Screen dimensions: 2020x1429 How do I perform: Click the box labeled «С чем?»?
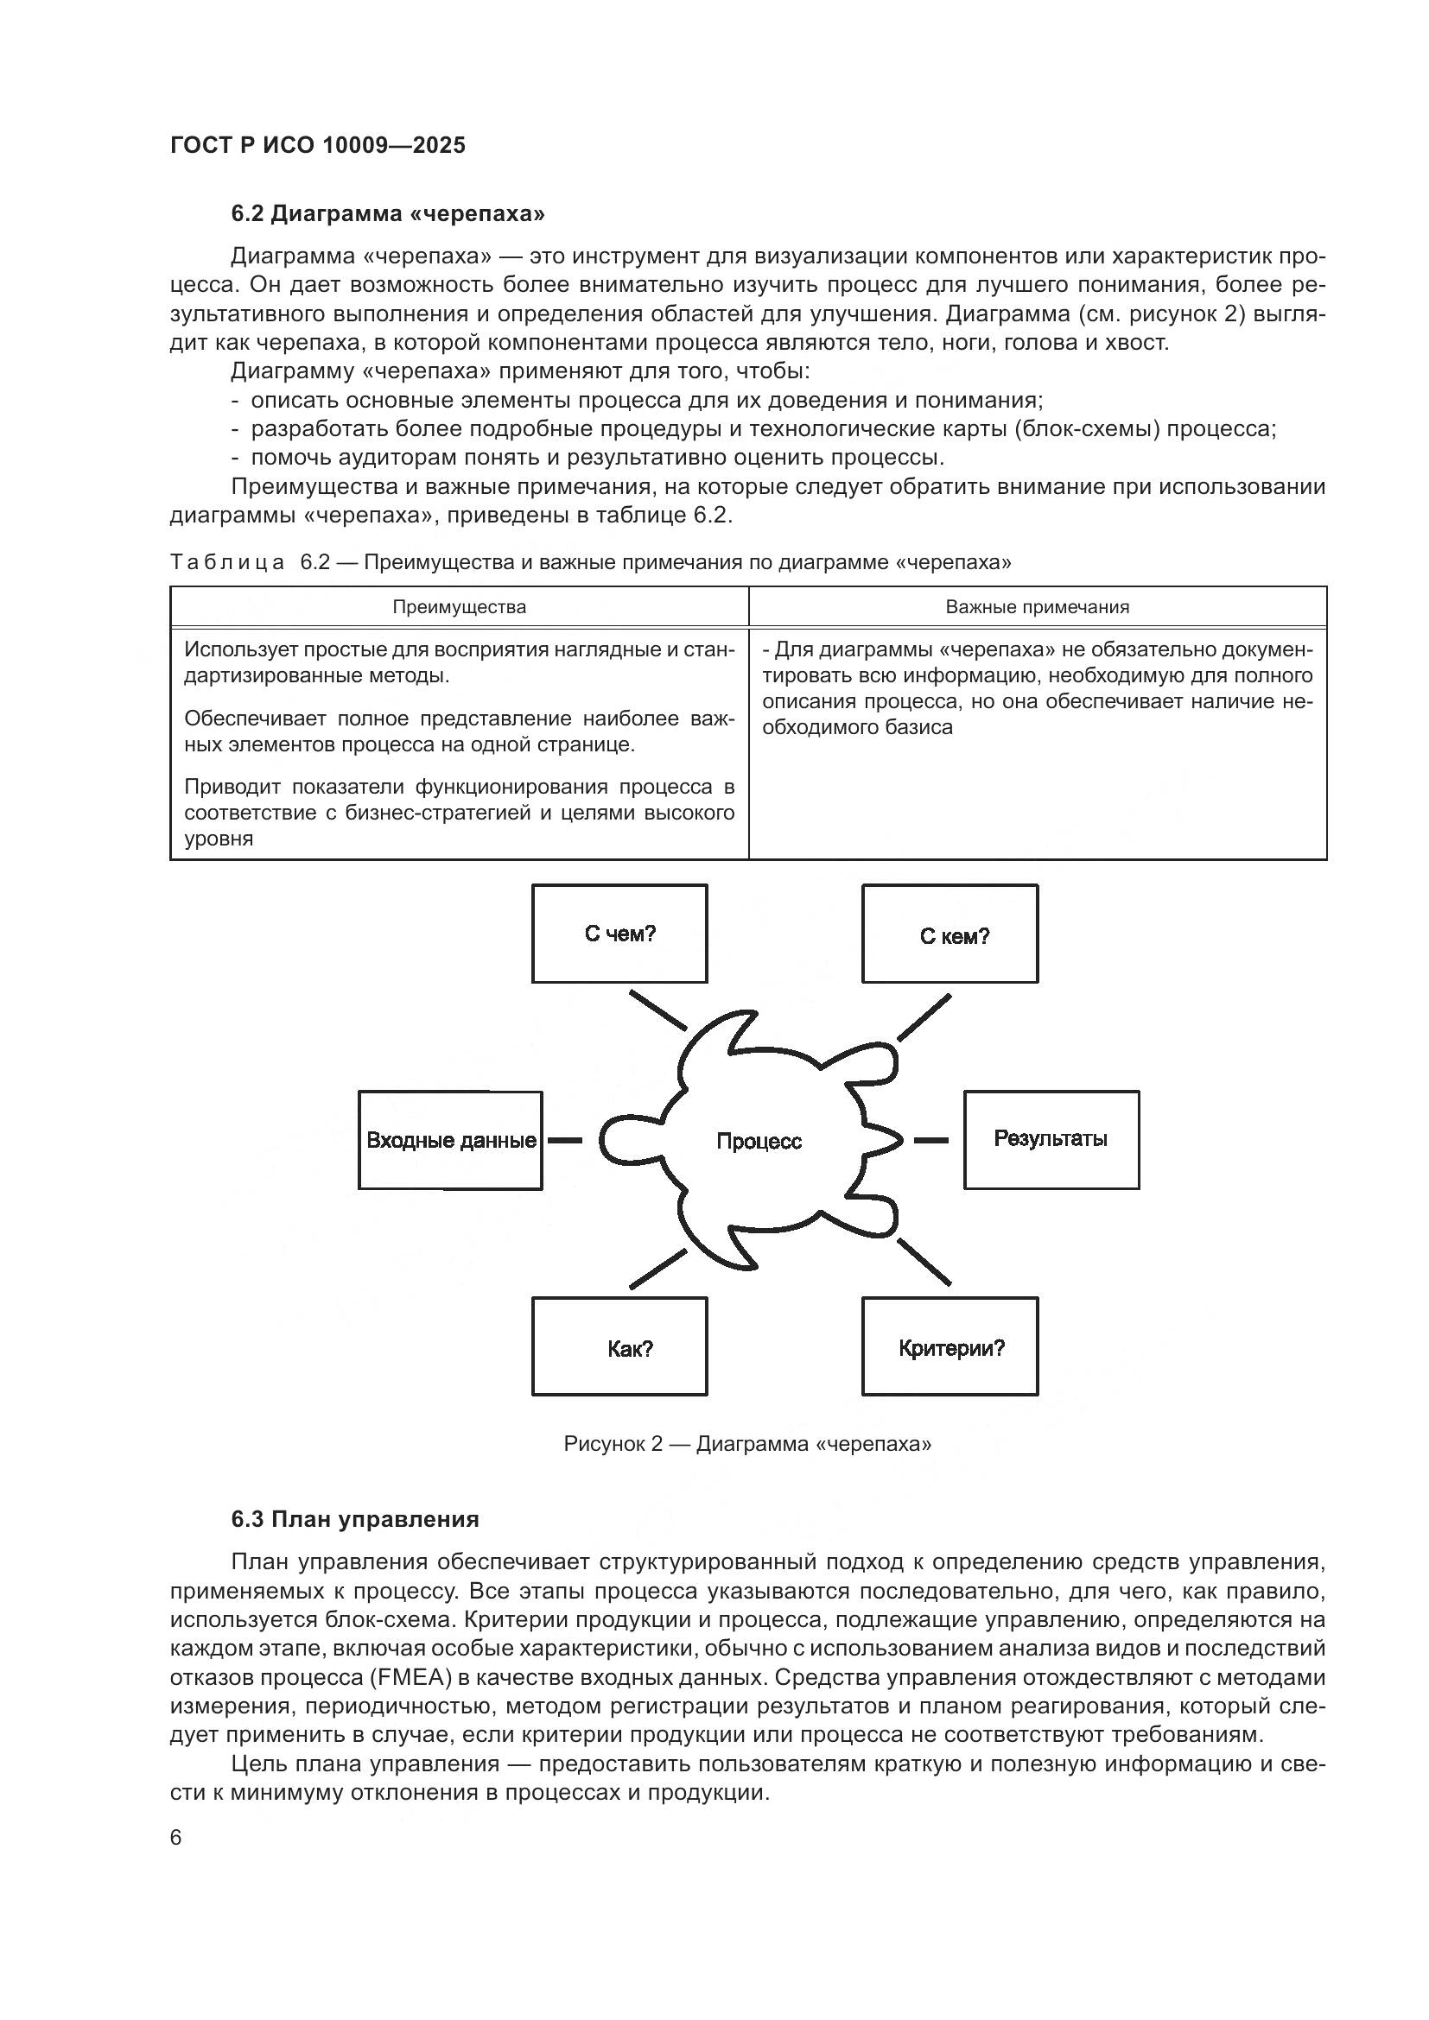pos(619,934)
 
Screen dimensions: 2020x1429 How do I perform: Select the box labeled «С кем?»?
pos(949,934)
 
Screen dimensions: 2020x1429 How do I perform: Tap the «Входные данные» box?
pos(450,1140)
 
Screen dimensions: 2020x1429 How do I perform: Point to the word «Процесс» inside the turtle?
pos(759,1142)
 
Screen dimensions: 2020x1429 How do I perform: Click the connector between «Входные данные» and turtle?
pos(566,1140)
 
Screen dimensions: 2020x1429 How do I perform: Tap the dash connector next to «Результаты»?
pos(931,1140)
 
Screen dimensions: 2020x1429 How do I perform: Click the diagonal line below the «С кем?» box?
pos(923,1018)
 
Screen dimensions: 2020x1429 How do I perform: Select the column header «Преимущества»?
pos(459,607)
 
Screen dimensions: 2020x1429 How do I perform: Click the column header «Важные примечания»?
pos(1037,607)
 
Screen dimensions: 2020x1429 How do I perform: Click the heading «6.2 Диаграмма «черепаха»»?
pos(388,214)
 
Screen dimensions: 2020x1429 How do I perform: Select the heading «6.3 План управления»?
pos(354,1519)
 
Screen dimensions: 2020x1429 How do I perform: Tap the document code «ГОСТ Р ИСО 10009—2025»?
pos(318,145)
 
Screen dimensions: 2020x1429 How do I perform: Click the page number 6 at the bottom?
pos(176,1838)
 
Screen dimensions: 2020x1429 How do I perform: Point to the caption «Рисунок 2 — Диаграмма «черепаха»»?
pos(747,1444)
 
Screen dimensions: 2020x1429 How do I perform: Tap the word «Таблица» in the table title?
pos(227,562)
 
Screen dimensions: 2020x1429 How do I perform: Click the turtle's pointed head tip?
pos(899,1140)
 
